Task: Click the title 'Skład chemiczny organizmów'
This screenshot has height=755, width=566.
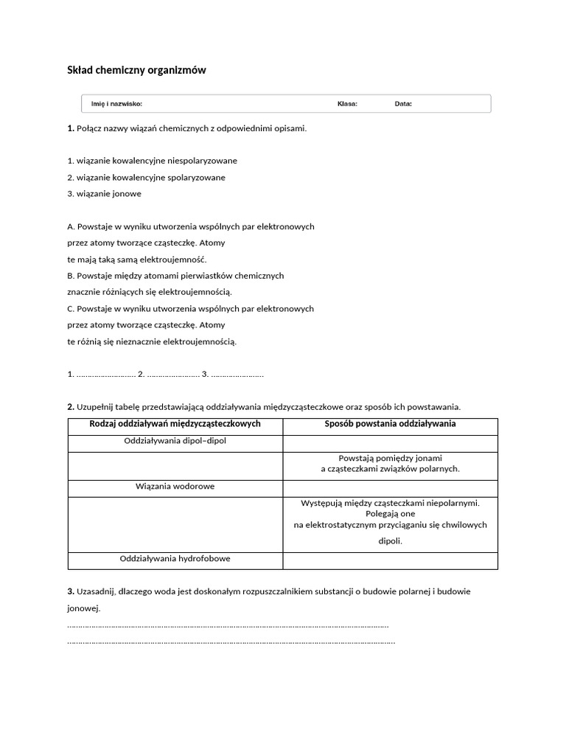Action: tap(136, 71)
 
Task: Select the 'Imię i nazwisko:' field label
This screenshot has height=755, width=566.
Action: tap(116, 104)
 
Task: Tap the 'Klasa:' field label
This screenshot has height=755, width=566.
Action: tap(347, 104)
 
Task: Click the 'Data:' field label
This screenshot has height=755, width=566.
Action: tap(403, 104)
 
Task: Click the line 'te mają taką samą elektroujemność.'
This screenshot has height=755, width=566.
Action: tap(137, 260)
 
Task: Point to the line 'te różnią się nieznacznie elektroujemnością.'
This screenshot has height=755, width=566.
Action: tap(152, 341)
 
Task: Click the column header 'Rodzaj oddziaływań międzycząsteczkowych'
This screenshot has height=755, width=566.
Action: tap(175, 424)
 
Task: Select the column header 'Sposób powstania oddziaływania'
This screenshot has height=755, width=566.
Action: tap(390, 424)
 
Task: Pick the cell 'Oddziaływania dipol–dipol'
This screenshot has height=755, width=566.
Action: tap(175, 441)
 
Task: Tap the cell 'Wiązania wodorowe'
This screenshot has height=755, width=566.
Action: tap(175, 487)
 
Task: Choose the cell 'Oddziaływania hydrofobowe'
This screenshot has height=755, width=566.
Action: tap(175, 559)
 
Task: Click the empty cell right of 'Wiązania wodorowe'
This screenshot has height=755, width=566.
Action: tap(390, 487)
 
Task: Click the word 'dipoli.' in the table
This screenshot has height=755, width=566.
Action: tap(390, 540)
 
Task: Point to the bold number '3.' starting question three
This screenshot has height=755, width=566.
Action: tap(71, 591)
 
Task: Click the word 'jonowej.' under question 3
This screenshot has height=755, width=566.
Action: tap(83, 609)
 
